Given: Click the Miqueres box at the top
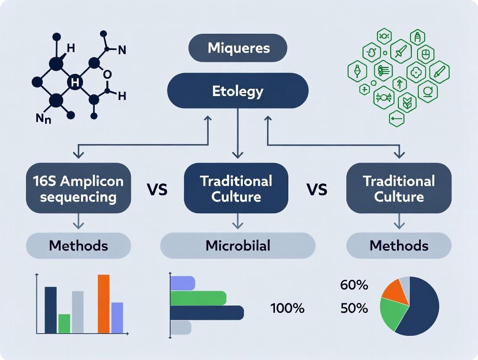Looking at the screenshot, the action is click(x=238, y=48).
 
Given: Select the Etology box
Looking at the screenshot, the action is click(x=238, y=91).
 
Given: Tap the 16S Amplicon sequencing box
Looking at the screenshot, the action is click(x=78, y=189).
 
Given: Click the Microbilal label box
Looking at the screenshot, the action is click(x=238, y=246).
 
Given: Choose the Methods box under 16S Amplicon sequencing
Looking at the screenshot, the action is click(x=78, y=246).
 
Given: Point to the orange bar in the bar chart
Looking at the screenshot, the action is click(x=103, y=304).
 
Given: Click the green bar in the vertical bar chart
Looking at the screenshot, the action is click(x=64, y=323).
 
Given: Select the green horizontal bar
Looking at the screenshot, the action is click(x=198, y=298).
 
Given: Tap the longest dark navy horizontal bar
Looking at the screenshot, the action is click(x=207, y=313).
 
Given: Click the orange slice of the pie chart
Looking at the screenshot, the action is click(x=395, y=291).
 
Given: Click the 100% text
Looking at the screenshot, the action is click(x=287, y=309).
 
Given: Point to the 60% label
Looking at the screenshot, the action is click(x=354, y=285).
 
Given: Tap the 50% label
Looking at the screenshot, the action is click(x=354, y=308).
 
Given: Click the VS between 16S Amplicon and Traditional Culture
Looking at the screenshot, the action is click(x=157, y=189).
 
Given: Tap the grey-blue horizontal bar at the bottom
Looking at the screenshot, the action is click(x=181, y=328).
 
